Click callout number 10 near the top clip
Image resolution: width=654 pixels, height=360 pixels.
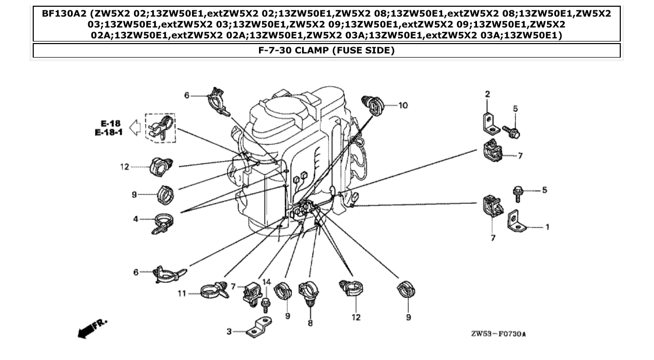[403, 105]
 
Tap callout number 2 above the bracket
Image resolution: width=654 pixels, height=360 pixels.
[487, 94]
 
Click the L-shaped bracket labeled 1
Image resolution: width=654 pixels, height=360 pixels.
[516, 222]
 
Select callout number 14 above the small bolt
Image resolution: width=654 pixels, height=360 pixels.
[267, 282]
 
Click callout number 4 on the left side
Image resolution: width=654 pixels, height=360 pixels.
[135, 218]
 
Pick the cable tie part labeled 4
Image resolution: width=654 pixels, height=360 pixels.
[163, 222]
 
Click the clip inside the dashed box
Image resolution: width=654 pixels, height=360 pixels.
[160, 128]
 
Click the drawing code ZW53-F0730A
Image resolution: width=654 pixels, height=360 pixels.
[498, 334]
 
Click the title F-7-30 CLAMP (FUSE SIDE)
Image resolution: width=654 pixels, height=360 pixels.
[326, 50]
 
